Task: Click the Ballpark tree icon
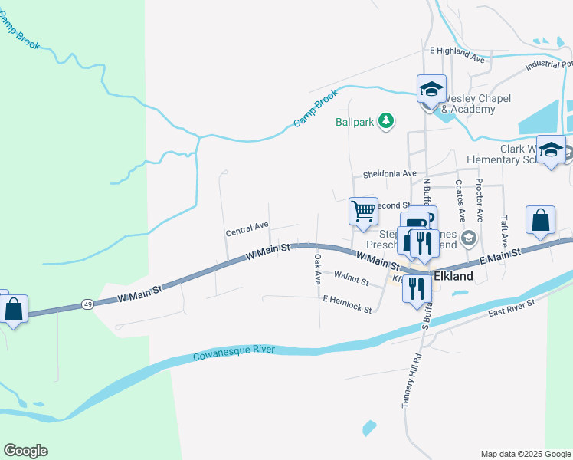(387, 120)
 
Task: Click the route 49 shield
(88, 304)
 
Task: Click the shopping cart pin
(363, 211)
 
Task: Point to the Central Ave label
(247, 227)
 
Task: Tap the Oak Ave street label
(316, 271)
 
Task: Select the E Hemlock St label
(347, 304)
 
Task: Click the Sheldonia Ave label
(389, 174)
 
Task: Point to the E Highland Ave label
(457, 58)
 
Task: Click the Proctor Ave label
(479, 195)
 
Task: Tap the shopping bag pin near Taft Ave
(540, 219)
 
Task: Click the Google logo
(25, 451)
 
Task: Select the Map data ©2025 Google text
(525, 454)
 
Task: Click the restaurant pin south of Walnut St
(416, 290)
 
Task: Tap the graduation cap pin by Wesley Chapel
(431, 88)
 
